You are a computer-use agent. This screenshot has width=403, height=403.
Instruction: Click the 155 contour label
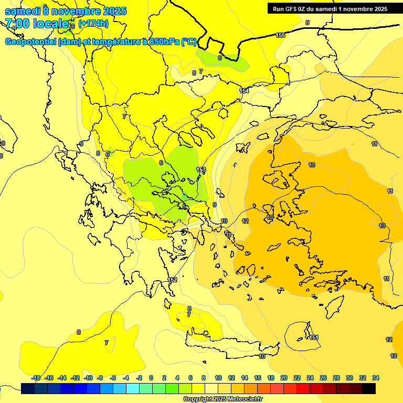pos(280,35)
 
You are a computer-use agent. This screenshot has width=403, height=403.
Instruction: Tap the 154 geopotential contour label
pos(244,91)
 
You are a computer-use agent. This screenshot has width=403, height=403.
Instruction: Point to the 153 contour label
pos(201,169)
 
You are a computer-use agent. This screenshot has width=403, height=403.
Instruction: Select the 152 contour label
pos(173,280)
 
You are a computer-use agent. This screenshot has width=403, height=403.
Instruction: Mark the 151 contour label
pos(314,337)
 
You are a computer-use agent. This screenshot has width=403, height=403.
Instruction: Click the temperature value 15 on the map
pos(270,217)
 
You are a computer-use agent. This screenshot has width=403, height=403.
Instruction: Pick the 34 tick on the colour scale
pos(376,378)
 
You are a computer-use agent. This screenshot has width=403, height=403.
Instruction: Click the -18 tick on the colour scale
pos(36,378)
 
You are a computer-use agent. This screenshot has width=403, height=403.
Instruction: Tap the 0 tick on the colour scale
pos(151,378)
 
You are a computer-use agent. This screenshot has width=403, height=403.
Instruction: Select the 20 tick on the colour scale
pos(284,378)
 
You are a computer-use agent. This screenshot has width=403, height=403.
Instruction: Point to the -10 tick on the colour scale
pos(88,378)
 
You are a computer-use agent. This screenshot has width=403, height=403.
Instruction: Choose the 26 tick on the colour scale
pos(323,378)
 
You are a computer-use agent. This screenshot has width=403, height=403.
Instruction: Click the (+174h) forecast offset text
pos(93,24)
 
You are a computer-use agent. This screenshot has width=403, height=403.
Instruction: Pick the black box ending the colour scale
pos(369,388)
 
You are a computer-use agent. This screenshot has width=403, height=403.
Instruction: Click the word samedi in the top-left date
pos(22,10)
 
